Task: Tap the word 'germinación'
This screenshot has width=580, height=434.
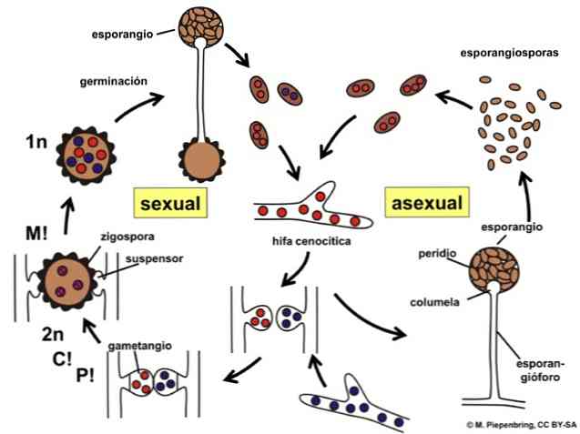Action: tap(110, 80)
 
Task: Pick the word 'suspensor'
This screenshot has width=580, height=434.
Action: tap(152, 257)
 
